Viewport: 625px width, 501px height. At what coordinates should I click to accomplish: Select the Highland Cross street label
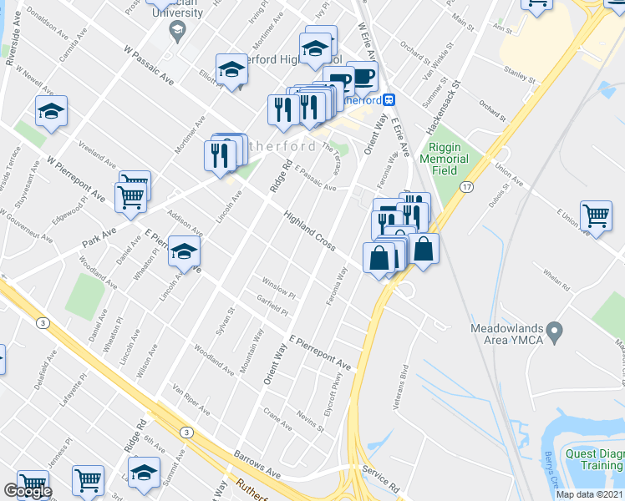(308, 232)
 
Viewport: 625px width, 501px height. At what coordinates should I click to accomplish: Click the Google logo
(27, 491)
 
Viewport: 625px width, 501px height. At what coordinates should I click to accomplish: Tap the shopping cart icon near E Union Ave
(596, 215)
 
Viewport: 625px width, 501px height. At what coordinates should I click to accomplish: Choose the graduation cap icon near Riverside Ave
(52, 111)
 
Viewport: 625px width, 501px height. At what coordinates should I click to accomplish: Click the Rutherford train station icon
(389, 99)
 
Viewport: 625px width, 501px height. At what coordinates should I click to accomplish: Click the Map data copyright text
(590, 494)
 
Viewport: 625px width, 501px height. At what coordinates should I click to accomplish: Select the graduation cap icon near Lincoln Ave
(184, 250)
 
